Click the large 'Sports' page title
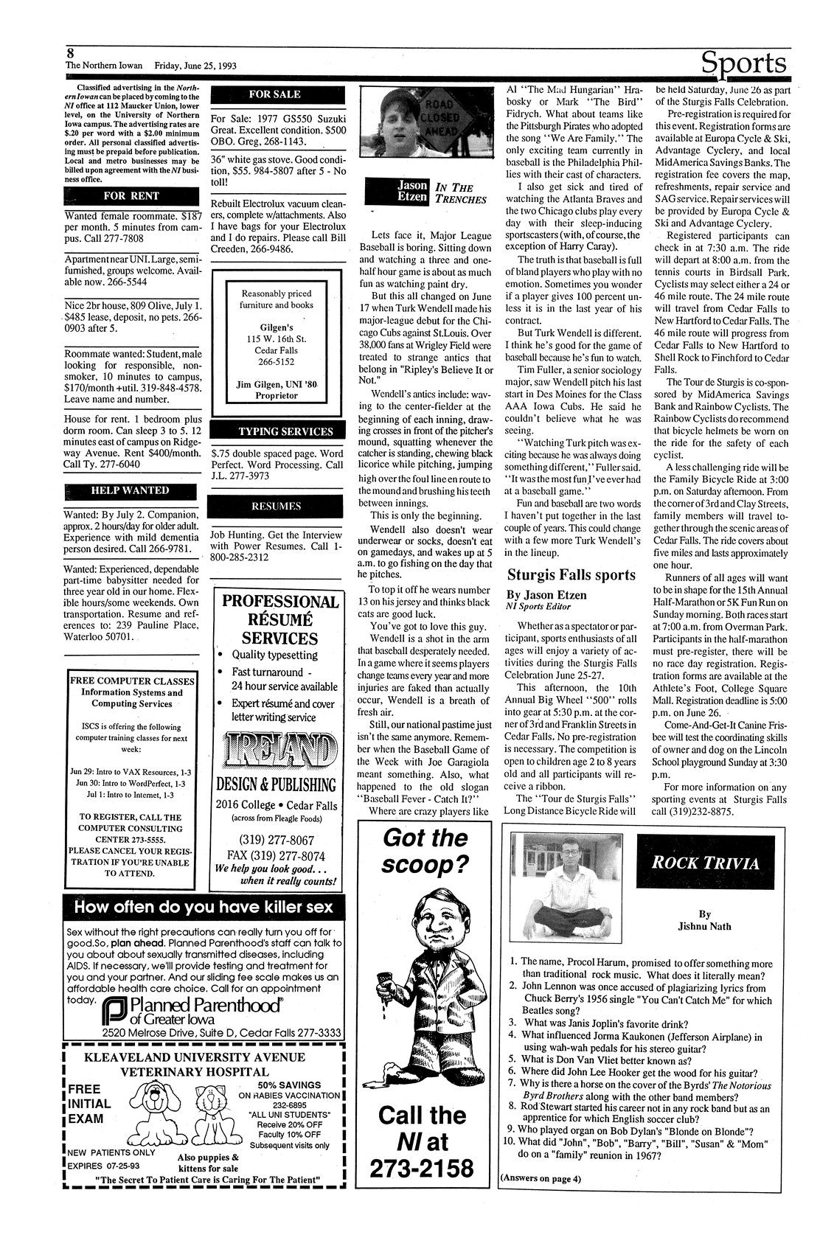[x=743, y=62]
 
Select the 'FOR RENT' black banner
[x=132, y=196]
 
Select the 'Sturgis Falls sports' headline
[x=571, y=574]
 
